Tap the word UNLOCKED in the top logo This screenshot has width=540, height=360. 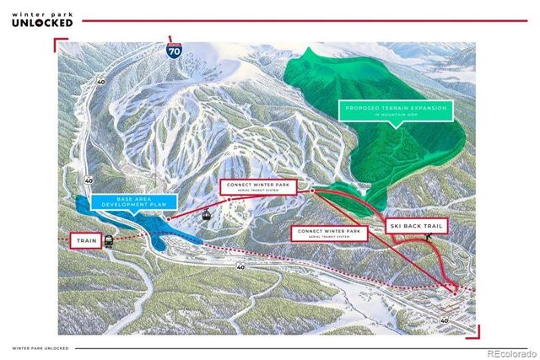point(42,23)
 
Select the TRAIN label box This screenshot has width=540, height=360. point(85,241)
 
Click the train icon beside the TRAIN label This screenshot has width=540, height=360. point(110,241)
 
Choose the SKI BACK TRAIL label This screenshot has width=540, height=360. point(417,226)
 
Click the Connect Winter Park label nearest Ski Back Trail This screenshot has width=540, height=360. point(328,233)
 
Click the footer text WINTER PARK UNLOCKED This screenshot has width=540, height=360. point(40,347)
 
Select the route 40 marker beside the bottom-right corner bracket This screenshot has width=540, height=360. point(445,320)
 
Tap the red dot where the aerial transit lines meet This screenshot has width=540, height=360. point(312,191)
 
